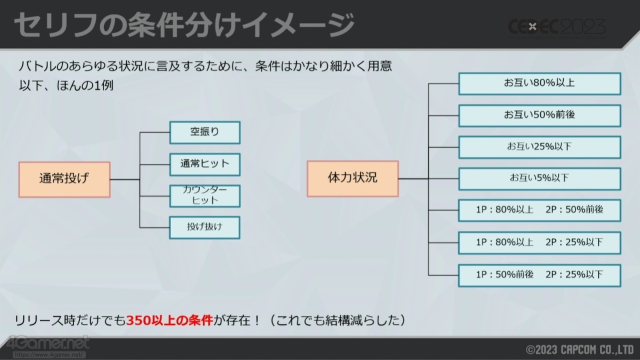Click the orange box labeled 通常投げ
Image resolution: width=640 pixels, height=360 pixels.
[x=64, y=179]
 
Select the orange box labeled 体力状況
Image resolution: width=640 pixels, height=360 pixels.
[x=352, y=178]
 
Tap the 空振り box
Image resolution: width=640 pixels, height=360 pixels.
[x=205, y=132]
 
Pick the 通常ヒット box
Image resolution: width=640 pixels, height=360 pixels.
[x=205, y=164]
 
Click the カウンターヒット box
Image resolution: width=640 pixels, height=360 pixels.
[x=205, y=196]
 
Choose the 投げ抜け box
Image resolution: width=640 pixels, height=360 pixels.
[x=205, y=227]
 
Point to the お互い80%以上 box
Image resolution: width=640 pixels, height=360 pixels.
[x=539, y=84]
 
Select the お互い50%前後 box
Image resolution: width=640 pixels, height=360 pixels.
[x=539, y=115]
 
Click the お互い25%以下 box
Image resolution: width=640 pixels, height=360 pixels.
[x=539, y=147]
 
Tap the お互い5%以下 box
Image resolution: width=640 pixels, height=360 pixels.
[x=539, y=179]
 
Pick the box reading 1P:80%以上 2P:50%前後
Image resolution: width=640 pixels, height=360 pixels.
[x=539, y=210]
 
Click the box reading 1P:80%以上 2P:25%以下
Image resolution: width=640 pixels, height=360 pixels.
[x=539, y=242]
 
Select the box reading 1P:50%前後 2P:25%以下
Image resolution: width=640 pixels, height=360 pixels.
[x=539, y=274]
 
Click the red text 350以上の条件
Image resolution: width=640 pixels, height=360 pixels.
[x=170, y=321]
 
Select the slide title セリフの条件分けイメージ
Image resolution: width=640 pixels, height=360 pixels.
[x=185, y=25]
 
